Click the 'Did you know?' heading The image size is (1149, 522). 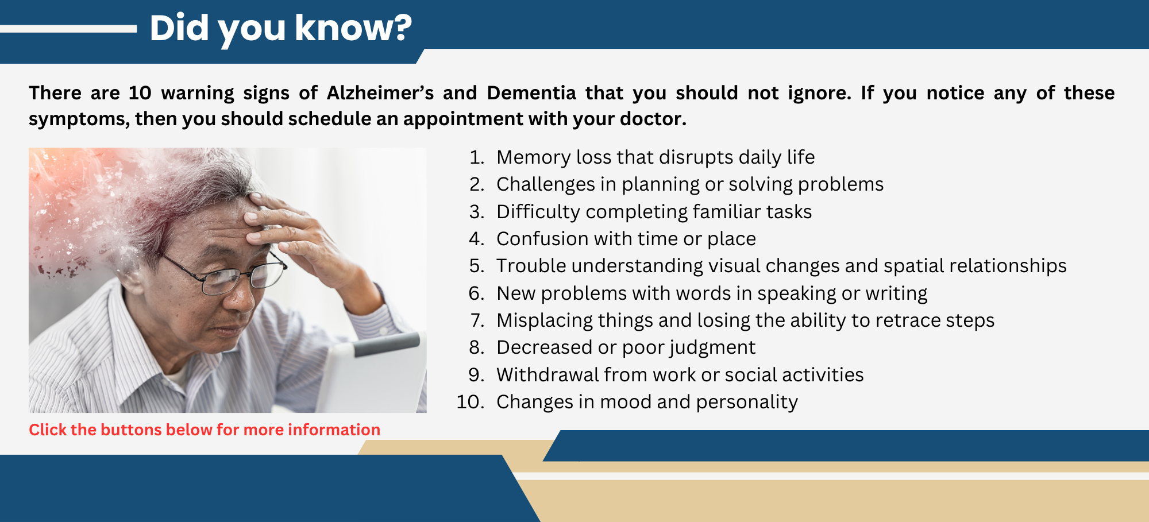(x=280, y=28)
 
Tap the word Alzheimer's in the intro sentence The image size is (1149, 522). (x=380, y=93)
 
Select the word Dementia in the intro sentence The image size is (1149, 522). (x=531, y=93)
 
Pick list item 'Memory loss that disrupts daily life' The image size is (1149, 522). (x=655, y=157)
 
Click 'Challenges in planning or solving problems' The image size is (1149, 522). (x=689, y=184)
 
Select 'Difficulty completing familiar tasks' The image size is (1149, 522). (x=654, y=212)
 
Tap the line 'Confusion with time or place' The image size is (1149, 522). (x=626, y=239)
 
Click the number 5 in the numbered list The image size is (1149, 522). (x=475, y=266)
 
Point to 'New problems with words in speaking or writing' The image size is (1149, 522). (x=711, y=293)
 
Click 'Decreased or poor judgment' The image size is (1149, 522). (x=626, y=347)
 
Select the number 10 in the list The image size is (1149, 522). (x=469, y=402)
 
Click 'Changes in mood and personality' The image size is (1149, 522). (x=647, y=402)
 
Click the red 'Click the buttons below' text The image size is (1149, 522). (x=205, y=430)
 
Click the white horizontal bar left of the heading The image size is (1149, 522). (x=68, y=28)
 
